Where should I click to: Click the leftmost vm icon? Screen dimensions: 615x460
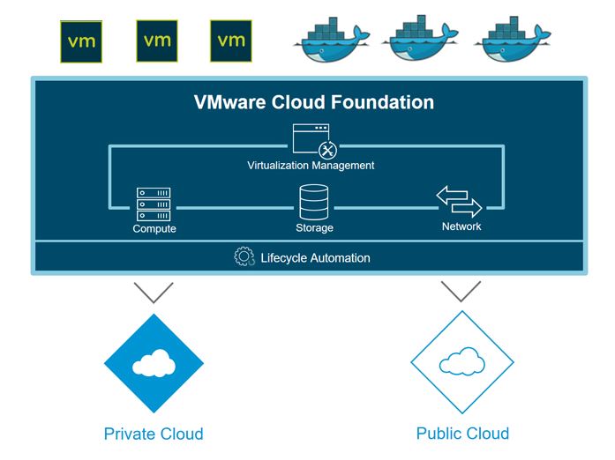81,41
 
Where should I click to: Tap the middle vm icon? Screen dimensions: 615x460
157,41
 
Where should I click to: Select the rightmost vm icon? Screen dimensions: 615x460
231,41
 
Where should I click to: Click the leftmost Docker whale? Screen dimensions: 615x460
332,40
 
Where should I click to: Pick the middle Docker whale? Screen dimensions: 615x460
420,39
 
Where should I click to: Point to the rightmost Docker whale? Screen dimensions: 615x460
513,39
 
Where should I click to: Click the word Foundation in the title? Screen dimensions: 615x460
382,102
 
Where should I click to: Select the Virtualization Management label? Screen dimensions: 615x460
311,166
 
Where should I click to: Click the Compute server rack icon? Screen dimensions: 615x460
154,204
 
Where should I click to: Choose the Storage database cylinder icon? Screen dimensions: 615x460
314,202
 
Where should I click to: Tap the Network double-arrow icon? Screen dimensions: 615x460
459,202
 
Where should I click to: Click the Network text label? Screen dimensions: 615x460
461,226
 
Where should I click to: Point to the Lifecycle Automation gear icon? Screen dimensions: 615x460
244,256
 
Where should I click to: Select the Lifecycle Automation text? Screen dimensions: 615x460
315,258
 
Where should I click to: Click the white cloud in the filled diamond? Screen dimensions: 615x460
154,363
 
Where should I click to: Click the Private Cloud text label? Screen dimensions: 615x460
154,434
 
